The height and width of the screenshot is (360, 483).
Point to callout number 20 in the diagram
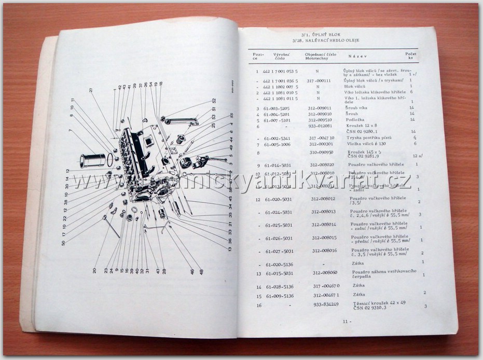click(94, 270)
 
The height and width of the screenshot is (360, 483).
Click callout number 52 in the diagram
click(214, 101)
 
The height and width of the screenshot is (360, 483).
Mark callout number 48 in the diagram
click(201, 271)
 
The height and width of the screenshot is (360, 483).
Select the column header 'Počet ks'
click(410, 56)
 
